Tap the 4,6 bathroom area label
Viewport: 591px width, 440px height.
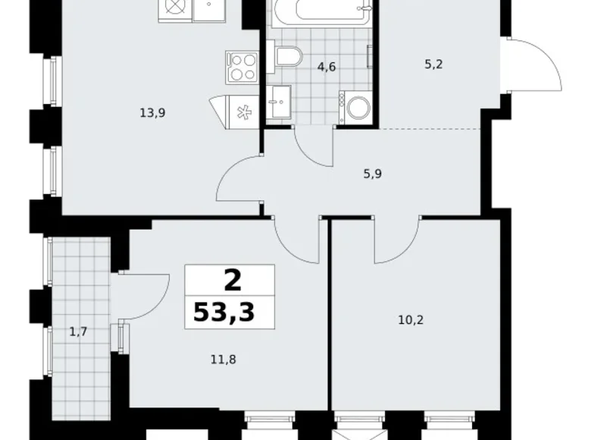point(327,67)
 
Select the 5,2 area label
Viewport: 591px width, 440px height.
point(433,64)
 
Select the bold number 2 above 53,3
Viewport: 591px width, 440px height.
point(232,281)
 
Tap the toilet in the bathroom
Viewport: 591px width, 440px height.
point(288,55)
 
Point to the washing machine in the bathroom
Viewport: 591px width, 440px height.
point(356,108)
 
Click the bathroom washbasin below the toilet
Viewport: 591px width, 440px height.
point(278,102)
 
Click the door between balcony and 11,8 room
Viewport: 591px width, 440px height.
point(144,296)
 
